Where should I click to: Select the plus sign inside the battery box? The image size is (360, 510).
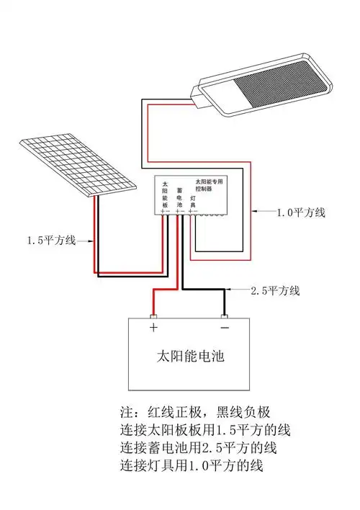[153, 328]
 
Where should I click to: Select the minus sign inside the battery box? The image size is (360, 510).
[224, 328]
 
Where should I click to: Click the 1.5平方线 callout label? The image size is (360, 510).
[50, 239]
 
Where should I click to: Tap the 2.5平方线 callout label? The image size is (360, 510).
[275, 291]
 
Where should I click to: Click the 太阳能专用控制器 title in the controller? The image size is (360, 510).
[209, 185]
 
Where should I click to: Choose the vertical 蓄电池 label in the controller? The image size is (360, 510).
[179, 196]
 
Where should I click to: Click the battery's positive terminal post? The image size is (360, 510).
[153, 316]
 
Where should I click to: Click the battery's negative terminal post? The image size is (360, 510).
[225, 316]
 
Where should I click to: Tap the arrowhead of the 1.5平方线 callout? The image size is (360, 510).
[94, 239]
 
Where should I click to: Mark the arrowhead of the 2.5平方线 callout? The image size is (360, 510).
[228, 291]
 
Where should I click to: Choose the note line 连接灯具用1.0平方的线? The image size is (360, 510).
[192, 465]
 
